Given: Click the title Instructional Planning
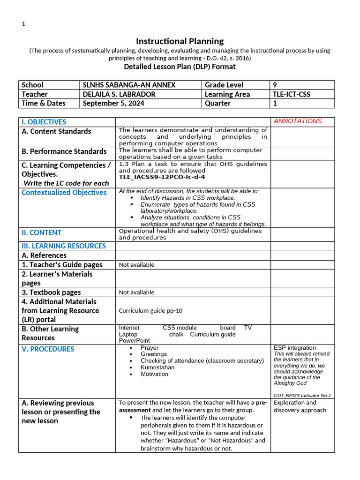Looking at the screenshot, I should pos(180,41).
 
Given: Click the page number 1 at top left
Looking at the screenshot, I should pos(23,24).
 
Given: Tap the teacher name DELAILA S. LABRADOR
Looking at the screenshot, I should pos(119,94).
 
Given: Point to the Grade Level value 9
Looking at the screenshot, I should pos(275,85).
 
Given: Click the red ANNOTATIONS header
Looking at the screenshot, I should pos(298,121).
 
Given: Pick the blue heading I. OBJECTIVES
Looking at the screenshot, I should pos(44,122).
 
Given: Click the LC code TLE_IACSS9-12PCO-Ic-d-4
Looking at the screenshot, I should pos(162,177).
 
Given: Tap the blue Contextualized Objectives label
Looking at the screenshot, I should pos(64,193).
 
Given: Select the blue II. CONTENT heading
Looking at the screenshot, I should pos(41,232).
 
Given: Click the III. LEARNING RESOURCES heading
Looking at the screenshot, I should pos(64,246).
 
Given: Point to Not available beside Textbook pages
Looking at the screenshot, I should pos(136,292).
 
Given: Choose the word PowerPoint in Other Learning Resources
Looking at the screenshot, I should pos(135,341).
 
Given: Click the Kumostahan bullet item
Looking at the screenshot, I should pos(157,367).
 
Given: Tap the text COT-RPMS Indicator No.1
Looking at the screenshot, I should pos(302,395).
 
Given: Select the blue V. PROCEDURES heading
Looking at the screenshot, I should pos(48,349).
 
